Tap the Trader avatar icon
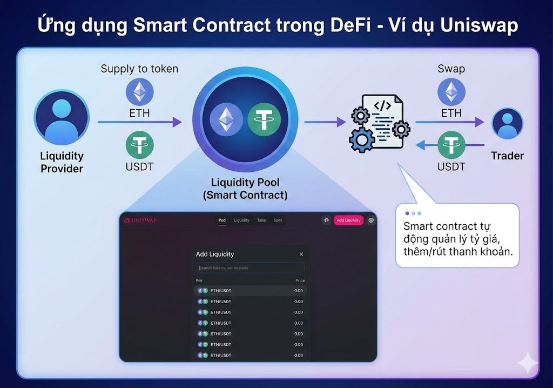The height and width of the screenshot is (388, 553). pyautogui.click(x=507, y=124)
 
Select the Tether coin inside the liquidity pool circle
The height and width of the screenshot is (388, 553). pyautogui.click(x=264, y=119)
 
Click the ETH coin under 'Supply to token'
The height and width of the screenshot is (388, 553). pyautogui.click(x=139, y=91)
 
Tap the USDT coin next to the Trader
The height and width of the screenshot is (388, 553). pyautogui.click(x=451, y=145)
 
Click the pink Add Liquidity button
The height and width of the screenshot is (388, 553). pyautogui.click(x=348, y=220)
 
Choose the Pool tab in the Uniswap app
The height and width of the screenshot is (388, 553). pyautogui.click(x=222, y=220)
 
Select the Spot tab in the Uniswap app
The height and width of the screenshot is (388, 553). pyautogui.click(x=278, y=220)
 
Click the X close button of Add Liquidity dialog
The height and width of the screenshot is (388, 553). pyautogui.click(x=301, y=254)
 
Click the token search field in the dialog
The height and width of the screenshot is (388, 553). pyautogui.click(x=250, y=268)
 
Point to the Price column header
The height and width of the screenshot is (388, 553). pyautogui.click(x=300, y=280)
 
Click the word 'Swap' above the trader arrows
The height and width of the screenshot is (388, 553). pyautogui.click(x=451, y=69)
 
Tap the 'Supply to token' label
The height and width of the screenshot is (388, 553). pyautogui.click(x=139, y=69)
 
